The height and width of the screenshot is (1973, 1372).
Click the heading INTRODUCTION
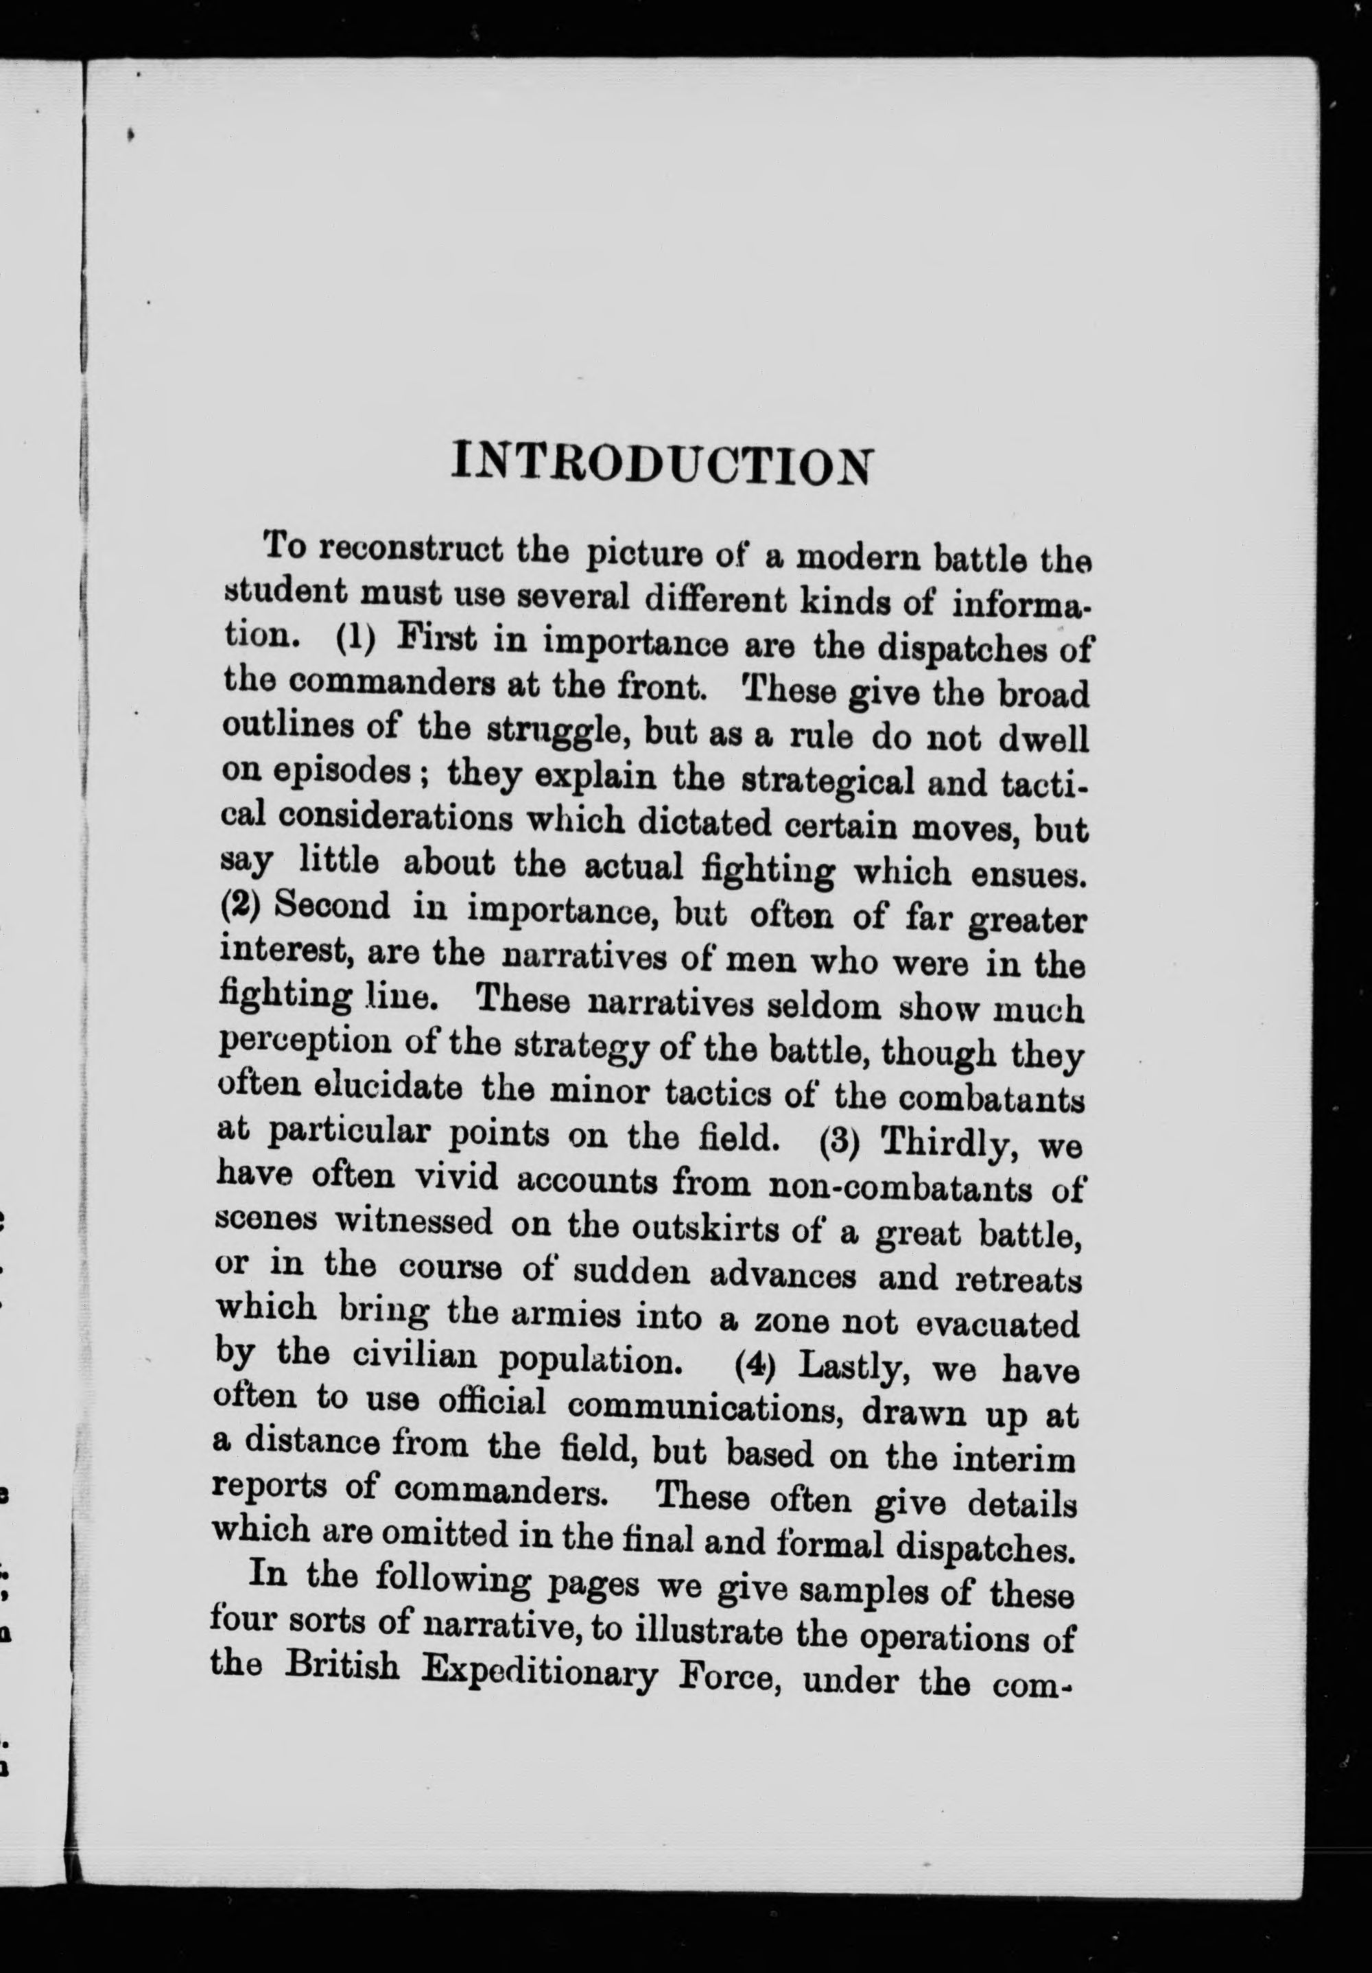pos(661,465)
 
